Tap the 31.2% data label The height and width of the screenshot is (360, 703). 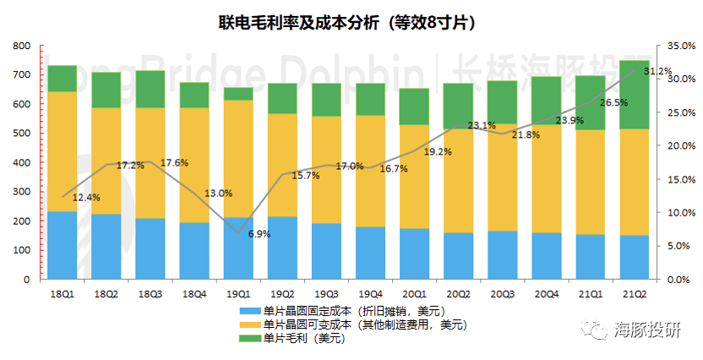(657, 71)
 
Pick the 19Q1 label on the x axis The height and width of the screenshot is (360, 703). (238, 293)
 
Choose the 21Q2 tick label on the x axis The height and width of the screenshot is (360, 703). (635, 293)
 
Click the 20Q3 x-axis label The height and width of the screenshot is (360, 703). (502, 293)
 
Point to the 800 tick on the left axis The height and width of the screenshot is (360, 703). (22, 46)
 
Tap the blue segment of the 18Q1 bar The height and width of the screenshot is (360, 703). (63, 245)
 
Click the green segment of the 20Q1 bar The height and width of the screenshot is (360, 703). (414, 106)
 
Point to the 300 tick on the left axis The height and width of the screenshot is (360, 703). (22, 192)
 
